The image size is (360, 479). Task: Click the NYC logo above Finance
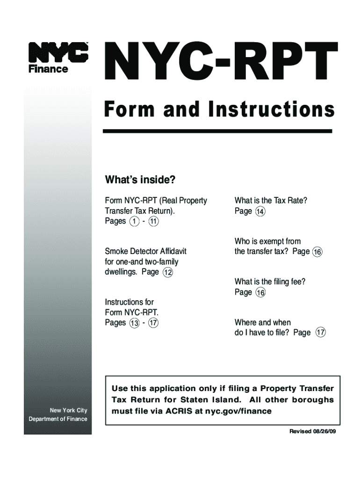pyautogui.click(x=58, y=52)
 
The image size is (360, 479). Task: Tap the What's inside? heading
pyautogui.click(x=140, y=180)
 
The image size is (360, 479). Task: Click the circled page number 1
pyautogui.click(x=135, y=221)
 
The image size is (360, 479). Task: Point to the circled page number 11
pyautogui.click(x=154, y=221)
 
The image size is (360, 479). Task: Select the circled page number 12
pyautogui.click(x=167, y=272)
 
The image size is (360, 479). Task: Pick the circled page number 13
pyautogui.click(x=135, y=323)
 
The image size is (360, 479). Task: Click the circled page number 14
pyautogui.click(x=260, y=211)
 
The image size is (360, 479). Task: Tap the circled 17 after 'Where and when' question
pyautogui.click(x=320, y=333)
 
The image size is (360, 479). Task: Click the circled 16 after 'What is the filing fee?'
pyautogui.click(x=260, y=293)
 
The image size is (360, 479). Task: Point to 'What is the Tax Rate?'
pyautogui.click(x=271, y=201)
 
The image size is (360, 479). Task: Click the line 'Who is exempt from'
pyautogui.click(x=267, y=241)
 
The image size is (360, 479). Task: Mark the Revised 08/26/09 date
pyautogui.click(x=312, y=431)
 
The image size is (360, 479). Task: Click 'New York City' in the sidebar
pyautogui.click(x=69, y=411)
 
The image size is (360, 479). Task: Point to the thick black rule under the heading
pyautogui.click(x=217, y=131)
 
